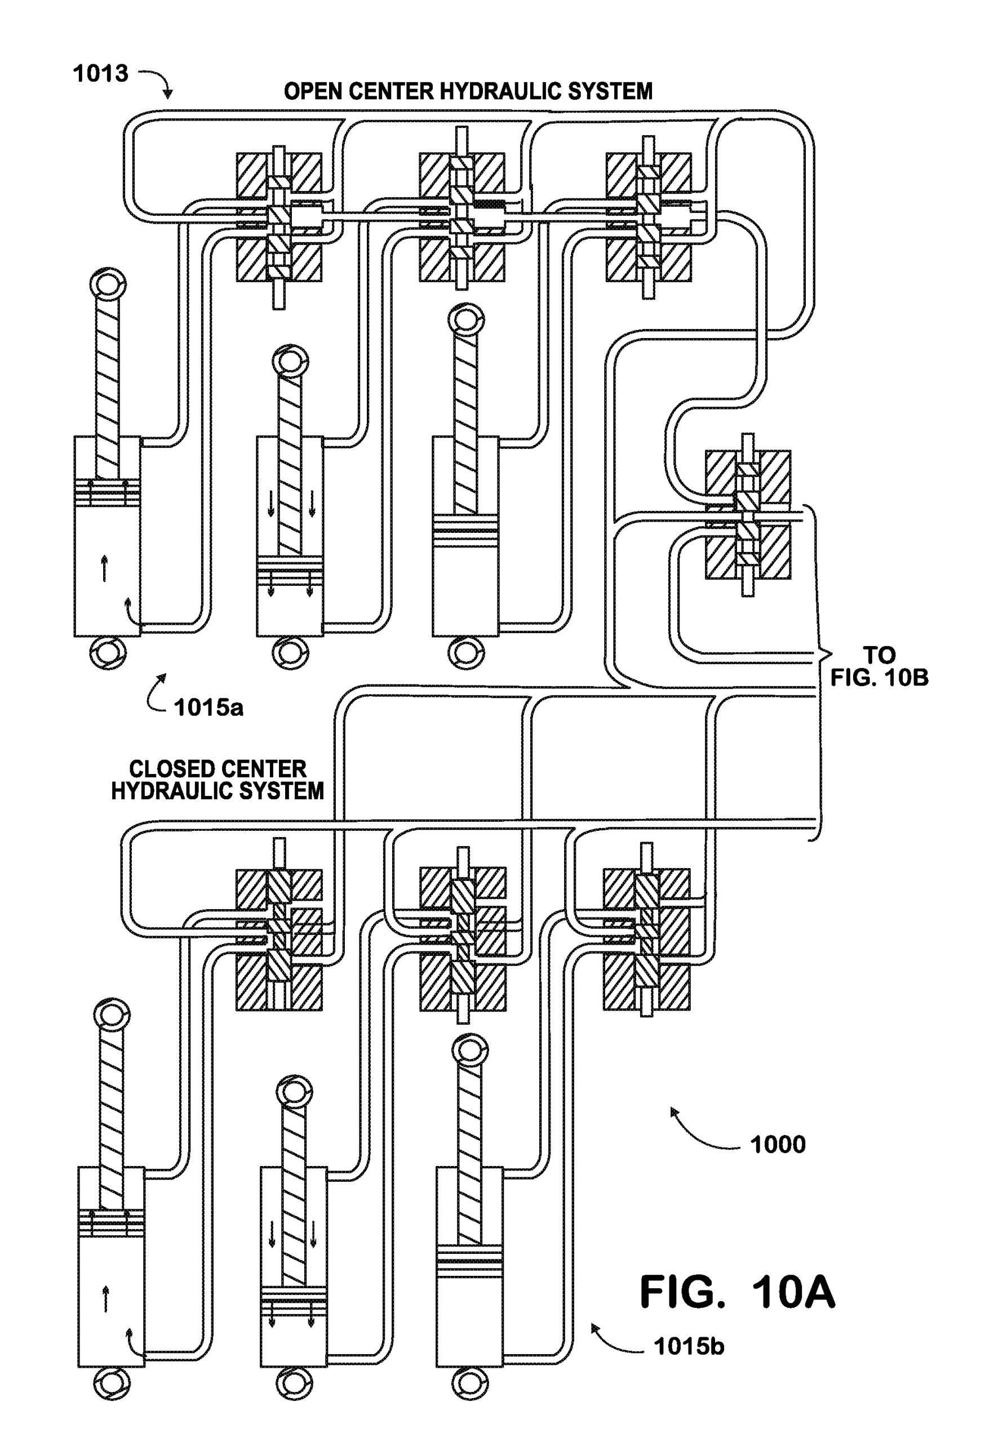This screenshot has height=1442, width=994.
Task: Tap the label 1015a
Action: pos(208,708)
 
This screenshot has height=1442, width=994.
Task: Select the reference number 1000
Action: pos(777,1145)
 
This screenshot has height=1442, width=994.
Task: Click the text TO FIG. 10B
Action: pos(879,666)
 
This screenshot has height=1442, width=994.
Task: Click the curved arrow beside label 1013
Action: pos(157,83)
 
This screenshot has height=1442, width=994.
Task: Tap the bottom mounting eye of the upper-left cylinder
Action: pos(108,654)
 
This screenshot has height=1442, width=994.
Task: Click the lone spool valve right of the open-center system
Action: pos(747,515)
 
